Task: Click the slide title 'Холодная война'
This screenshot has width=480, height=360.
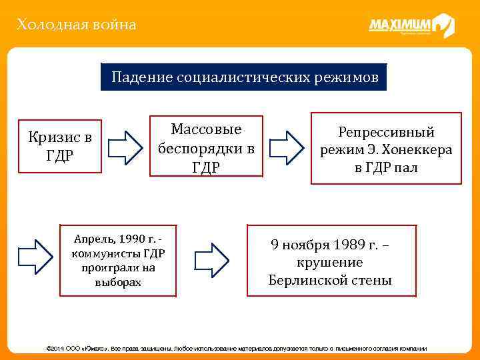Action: point(77,25)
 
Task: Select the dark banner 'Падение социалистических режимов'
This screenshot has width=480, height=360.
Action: point(245,77)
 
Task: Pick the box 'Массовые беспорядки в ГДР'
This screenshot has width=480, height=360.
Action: point(206,147)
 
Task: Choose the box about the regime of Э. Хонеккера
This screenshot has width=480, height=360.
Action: point(386,149)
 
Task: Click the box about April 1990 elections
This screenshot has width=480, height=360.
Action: point(118,259)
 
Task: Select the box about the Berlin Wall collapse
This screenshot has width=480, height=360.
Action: point(331,261)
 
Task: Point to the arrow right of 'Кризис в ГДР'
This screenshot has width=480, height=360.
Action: point(125,147)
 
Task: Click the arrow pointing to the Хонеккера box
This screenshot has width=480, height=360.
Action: point(285,147)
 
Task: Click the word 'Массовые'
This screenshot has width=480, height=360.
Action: point(206,129)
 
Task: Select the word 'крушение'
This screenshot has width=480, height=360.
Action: point(330,262)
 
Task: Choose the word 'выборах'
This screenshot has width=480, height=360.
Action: point(118,282)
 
